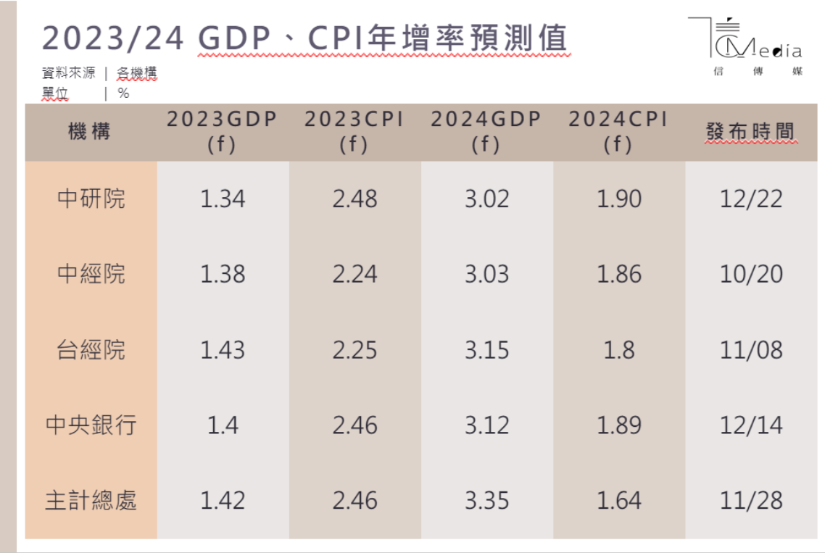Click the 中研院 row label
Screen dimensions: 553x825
[91, 199]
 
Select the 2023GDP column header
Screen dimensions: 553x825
[223, 132]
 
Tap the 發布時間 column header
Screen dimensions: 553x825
[750, 132]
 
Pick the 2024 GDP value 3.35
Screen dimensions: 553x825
[486, 500]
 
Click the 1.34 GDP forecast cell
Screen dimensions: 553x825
[223, 199]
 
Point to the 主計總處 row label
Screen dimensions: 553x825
[91, 500]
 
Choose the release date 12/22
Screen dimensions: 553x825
[750, 199]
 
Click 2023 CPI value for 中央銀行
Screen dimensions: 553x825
[355, 425]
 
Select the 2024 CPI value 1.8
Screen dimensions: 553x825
[618, 350]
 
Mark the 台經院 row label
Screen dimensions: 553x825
[91, 350]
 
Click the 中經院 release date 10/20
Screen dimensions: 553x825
[750, 274]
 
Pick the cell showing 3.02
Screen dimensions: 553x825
[486, 199]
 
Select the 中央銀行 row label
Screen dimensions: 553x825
[91, 425]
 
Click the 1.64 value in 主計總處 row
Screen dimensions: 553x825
[618, 500]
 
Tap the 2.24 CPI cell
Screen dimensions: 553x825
[355, 274]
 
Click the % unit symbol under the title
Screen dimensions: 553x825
[123, 93]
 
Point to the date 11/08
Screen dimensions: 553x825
[750, 350]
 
